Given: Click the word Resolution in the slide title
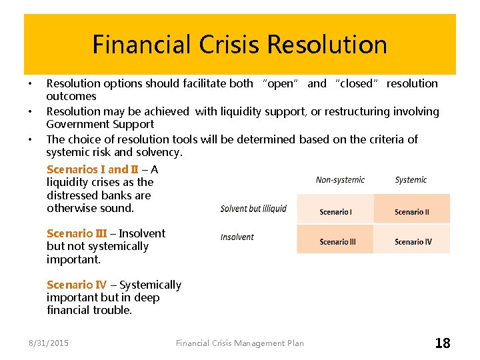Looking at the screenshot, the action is click(327, 45).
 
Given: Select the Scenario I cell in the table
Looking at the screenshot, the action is click(335, 212).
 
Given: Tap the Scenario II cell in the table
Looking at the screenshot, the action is click(411, 212).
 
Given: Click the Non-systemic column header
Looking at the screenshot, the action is click(340, 180).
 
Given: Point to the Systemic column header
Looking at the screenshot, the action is click(411, 180).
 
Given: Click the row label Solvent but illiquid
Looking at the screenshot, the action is click(253, 209).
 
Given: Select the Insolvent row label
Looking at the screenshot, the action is click(237, 237).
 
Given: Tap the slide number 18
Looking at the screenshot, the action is click(443, 343).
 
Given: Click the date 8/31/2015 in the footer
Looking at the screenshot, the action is click(48, 343).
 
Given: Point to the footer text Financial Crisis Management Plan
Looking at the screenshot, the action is click(239, 343).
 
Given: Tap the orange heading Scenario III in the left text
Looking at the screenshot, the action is click(77, 233).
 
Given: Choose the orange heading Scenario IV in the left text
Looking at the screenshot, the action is click(77, 285).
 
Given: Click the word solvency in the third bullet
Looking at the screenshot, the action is click(157, 152).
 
